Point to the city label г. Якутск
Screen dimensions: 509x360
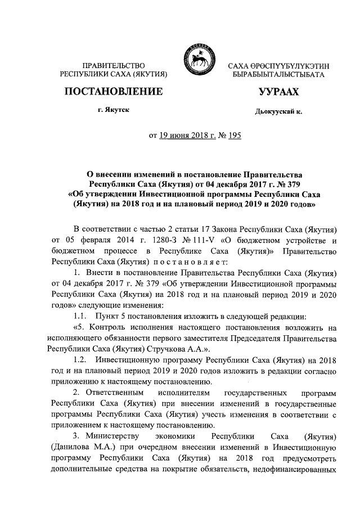point(114,111)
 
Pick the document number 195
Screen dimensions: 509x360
point(233,136)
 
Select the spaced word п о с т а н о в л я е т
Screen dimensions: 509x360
point(190,262)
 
